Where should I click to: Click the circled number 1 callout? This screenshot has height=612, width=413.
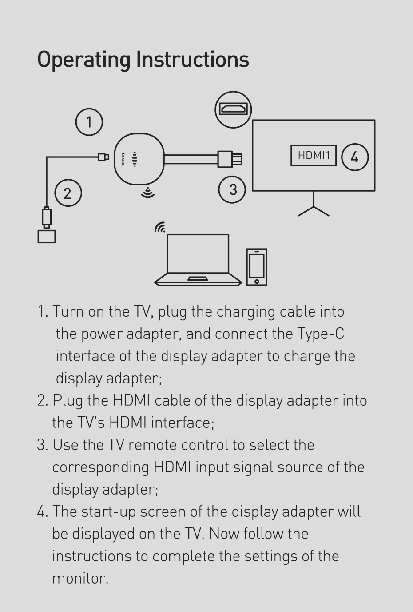[89, 122]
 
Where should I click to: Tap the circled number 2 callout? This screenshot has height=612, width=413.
[68, 193]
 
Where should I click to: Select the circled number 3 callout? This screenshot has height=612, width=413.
[232, 189]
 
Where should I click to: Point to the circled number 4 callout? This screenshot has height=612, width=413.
[355, 157]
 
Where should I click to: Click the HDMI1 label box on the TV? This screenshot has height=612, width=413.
[314, 156]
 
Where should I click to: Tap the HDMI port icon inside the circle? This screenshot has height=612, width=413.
[233, 109]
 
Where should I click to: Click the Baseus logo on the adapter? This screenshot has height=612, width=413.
[123, 159]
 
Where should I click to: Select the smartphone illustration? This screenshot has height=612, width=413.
[256, 267]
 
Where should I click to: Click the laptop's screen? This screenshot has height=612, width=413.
[198, 254]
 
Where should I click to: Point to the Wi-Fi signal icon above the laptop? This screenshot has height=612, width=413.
[160, 227]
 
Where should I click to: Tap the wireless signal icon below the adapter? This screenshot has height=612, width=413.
[148, 192]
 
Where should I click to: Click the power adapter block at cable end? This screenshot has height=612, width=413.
[47, 237]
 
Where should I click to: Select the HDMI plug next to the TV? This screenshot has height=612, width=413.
[230, 159]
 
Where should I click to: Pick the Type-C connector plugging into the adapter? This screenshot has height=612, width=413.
[103, 157]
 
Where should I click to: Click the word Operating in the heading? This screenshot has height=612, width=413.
[84, 60]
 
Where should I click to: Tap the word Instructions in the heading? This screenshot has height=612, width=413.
[193, 59]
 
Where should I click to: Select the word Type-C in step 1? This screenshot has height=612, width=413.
[321, 334]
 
